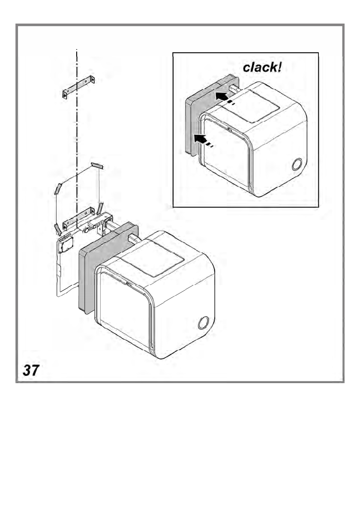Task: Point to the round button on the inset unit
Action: tap(296, 164)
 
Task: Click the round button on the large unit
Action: tap(204, 323)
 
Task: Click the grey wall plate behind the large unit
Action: tap(87, 279)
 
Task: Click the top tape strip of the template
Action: tap(97, 165)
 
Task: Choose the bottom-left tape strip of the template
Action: tap(57, 228)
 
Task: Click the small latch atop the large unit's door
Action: tap(128, 283)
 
